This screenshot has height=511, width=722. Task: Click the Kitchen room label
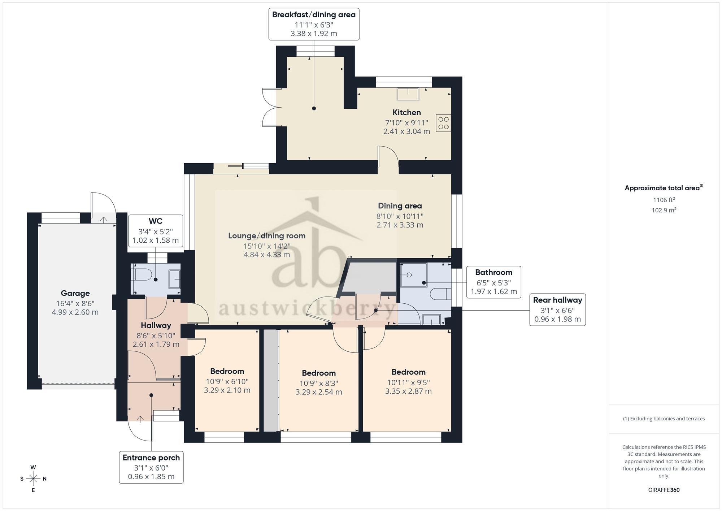pos(406,112)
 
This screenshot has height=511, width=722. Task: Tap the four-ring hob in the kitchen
pos(444,123)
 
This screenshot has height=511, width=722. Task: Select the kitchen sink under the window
pos(408,94)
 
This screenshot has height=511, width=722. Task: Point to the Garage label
pos(75,294)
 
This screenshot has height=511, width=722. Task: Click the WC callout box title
pos(156,221)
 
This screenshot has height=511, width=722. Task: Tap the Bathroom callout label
pos(493,272)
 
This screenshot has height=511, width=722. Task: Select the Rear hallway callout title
pos(557,300)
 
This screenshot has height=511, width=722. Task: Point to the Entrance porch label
pos(151,458)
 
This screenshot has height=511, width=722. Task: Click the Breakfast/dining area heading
pos(314,15)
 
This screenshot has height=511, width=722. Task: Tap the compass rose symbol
pos(33,479)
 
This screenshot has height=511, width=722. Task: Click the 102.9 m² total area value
pos(664,210)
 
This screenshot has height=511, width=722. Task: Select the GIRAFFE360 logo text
pos(664,490)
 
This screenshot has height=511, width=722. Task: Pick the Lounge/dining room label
pos(267,236)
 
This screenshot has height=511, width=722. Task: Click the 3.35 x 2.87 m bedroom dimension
pos(408,391)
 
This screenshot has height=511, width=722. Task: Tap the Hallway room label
pos(156,325)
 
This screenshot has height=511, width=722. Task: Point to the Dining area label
pos(400,206)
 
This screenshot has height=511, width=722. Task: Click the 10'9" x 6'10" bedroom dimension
pos(227,381)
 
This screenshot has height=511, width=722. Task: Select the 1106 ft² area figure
pos(664,200)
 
